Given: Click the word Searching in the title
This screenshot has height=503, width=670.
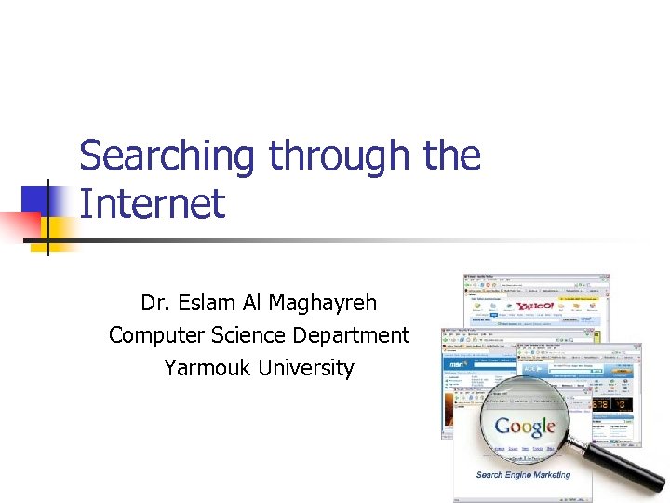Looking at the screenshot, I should click(166, 156).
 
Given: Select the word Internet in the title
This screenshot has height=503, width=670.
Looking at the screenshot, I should click(152, 203).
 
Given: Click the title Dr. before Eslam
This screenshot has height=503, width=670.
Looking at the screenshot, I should click(154, 303).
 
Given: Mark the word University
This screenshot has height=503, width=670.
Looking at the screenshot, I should click(306, 368).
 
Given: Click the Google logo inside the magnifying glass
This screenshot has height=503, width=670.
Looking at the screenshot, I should click(525, 428).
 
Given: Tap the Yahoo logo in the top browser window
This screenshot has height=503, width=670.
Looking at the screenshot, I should click(536, 305).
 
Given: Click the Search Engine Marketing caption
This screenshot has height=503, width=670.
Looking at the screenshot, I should click(523, 475).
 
